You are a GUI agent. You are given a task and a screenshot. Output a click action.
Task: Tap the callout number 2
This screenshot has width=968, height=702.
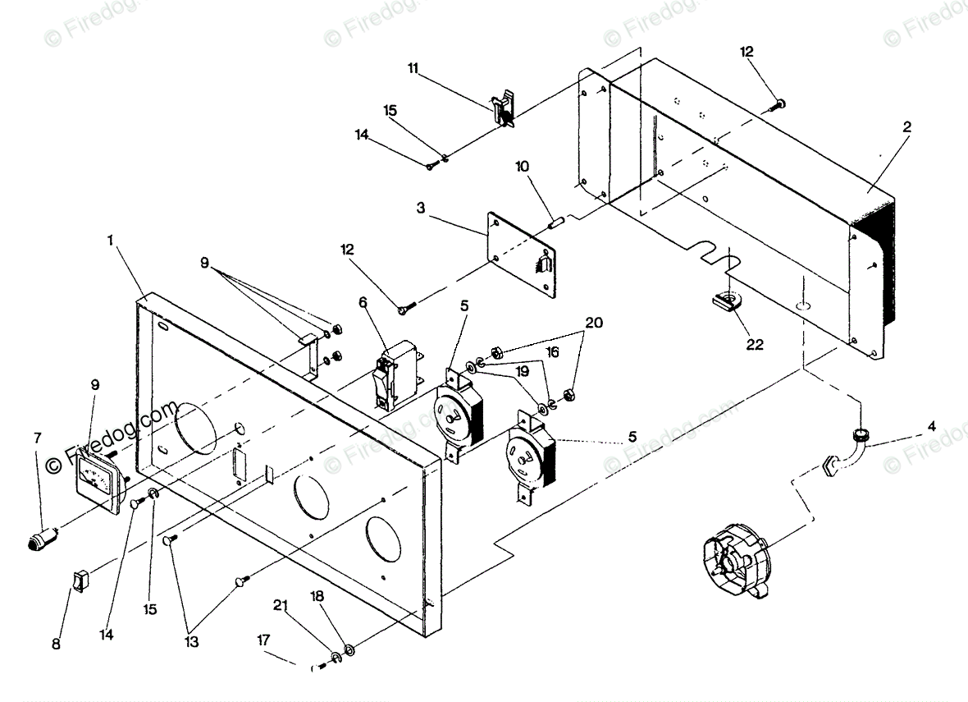click(906, 127)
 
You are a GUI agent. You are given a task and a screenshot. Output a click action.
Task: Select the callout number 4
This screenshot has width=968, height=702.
click(931, 426)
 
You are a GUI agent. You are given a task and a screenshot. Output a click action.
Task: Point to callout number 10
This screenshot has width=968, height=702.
click(523, 166)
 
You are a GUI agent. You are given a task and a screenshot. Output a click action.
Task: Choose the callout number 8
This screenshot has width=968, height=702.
click(56, 644)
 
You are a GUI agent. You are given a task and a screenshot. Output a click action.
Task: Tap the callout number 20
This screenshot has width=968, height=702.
click(593, 323)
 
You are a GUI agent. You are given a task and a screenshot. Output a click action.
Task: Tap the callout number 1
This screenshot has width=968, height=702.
click(111, 242)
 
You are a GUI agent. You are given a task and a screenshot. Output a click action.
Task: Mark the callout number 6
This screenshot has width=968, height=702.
click(363, 302)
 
